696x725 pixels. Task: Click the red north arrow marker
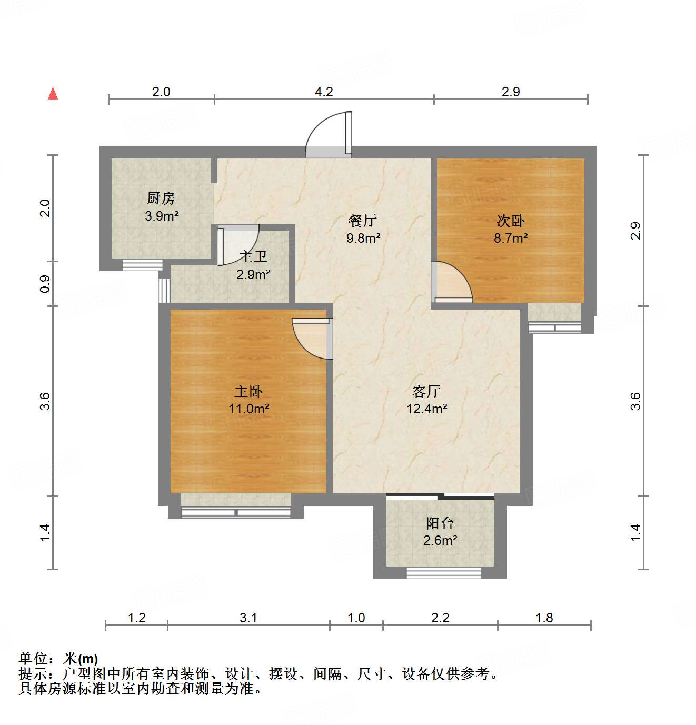(53, 94)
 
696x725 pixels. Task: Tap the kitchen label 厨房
(161, 198)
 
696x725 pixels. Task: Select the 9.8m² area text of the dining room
(363, 238)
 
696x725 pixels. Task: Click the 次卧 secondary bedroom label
(511, 221)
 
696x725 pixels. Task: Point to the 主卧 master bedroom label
(248, 391)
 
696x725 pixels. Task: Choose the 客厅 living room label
(426, 391)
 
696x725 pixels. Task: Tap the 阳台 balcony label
(440, 523)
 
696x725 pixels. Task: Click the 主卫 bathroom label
(253, 257)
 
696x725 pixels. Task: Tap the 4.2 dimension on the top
(324, 92)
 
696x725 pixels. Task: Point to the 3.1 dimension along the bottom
(248, 618)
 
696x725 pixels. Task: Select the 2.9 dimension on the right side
(635, 231)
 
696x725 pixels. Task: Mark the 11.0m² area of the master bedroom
(249, 408)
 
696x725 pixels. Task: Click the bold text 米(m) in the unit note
(81, 659)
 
